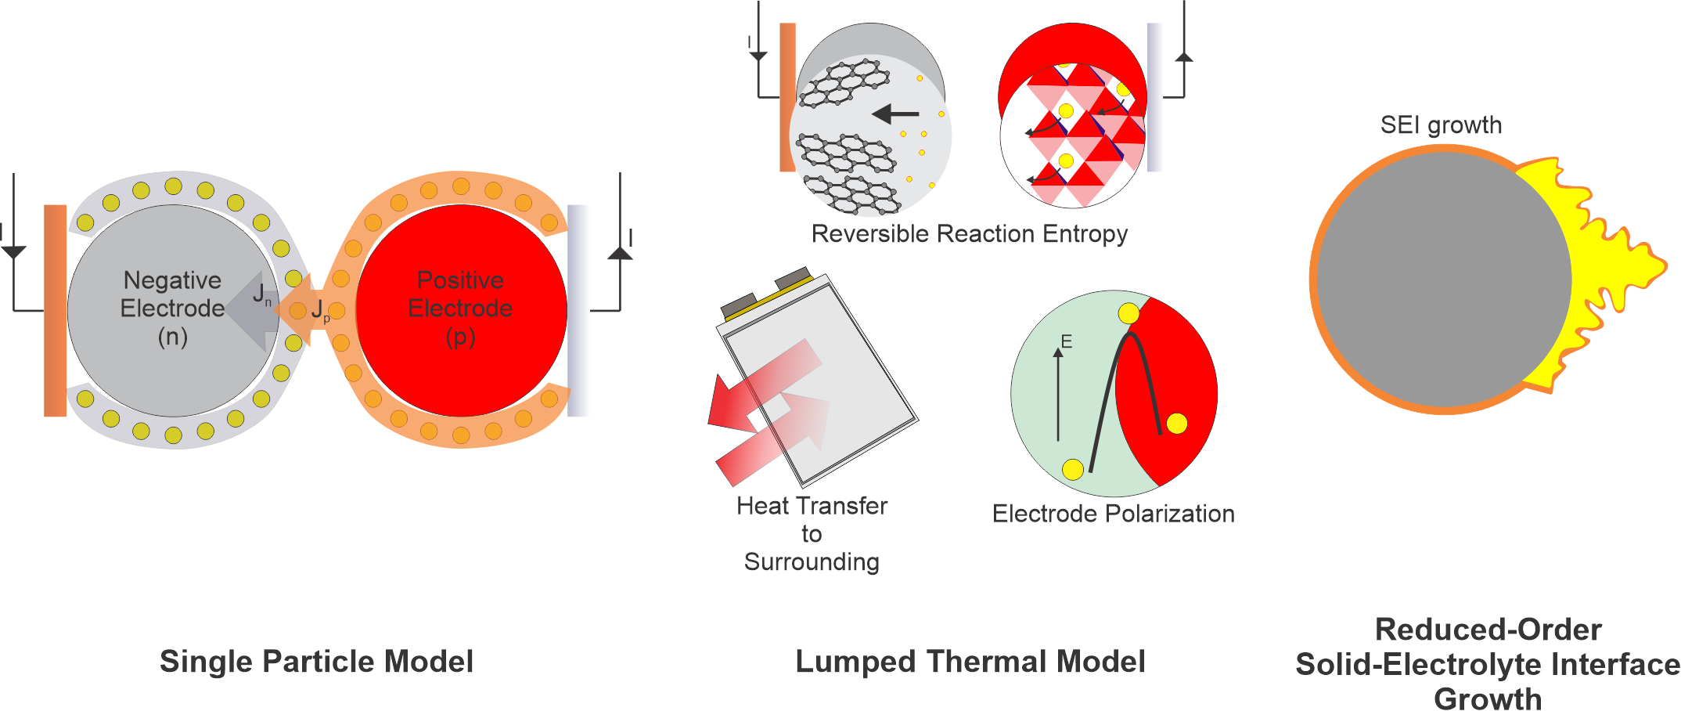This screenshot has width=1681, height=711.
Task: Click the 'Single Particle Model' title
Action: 316,662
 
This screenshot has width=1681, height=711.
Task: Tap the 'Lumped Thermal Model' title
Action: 970,662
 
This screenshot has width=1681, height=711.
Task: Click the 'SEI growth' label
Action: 1441,125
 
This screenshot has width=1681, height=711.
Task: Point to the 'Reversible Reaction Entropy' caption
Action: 969,234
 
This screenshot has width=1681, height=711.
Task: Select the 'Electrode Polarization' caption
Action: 1113,514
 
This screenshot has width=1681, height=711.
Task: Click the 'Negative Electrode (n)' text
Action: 172,309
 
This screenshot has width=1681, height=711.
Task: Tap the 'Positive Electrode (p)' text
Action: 460,309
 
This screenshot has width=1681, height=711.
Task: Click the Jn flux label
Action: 261,295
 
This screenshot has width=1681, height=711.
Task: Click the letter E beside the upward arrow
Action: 1066,341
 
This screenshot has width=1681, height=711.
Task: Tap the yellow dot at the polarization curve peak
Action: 1128,313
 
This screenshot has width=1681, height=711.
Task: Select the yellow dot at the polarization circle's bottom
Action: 1073,469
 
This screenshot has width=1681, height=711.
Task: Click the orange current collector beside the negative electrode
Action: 55,310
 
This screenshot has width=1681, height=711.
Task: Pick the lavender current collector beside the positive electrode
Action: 578,310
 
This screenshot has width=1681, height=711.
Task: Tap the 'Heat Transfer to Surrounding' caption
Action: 812,534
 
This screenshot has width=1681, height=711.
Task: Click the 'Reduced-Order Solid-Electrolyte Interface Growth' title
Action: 1488,664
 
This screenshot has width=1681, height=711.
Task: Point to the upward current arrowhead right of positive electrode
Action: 620,252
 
